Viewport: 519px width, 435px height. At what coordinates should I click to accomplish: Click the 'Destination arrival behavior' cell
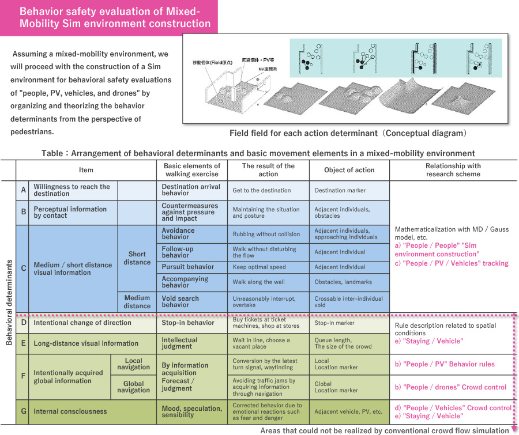click(190, 190)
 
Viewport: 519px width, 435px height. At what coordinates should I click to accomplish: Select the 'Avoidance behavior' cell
click(190, 234)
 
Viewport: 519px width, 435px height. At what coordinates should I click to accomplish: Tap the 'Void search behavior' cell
click(190, 302)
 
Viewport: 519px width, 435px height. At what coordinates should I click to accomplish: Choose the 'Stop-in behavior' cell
click(190, 323)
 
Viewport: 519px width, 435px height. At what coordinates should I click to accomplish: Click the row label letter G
click(23, 411)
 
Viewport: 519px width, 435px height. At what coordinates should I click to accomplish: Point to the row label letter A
click(23, 190)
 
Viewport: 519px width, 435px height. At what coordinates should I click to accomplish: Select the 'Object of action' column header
click(349, 170)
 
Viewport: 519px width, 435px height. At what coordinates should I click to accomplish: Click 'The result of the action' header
click(268, 170)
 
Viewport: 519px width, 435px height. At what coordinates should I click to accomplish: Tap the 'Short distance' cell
click(137, 258)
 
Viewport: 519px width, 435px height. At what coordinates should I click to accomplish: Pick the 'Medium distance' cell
click(137, 302)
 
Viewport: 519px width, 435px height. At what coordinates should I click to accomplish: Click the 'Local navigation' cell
click(133, 364)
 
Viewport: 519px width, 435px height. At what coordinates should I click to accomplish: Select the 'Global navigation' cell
click(133, 387)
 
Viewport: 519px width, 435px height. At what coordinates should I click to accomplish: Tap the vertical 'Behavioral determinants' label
click(9, 302)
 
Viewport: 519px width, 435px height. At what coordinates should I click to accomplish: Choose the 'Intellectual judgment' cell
click(190, 343)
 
